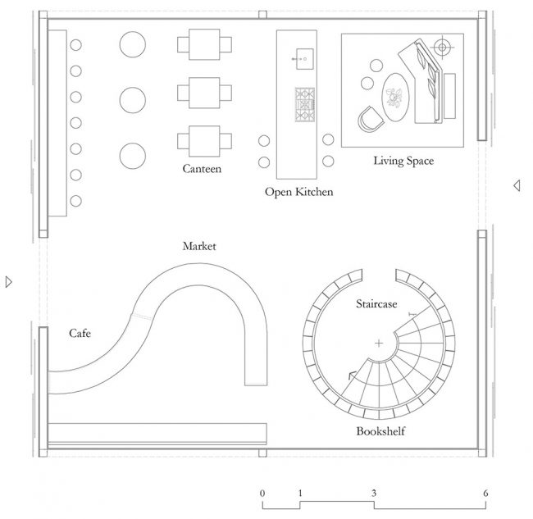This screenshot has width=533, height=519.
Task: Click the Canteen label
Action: click(202, 169)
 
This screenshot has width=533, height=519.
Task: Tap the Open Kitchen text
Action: click(299, 192)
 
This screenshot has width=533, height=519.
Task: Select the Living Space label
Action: click(403, 161)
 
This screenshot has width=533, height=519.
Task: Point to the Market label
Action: click(199, 246)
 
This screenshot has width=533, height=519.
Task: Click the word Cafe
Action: click(80, 333)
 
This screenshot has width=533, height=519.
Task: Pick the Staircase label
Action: click(376, 303)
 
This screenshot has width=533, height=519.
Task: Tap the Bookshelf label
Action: click(380, 431)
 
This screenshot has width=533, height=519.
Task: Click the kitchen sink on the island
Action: click(304, 59)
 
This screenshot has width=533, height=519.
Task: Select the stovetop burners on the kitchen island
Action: click(305, 105)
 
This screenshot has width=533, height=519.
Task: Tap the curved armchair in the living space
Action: click(371, 119)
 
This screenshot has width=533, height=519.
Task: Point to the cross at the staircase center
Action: click(379, 344)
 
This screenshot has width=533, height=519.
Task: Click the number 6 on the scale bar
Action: click(485, 493)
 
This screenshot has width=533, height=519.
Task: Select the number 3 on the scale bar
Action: click(374, 493)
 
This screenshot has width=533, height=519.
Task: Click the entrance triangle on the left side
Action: click(9, 282)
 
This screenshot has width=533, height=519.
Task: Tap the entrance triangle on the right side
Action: click(517, 185)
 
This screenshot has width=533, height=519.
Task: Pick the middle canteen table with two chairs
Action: click(205, 93)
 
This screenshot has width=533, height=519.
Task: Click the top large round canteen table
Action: click(133, 44)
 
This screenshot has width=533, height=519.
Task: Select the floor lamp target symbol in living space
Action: click(442, 48)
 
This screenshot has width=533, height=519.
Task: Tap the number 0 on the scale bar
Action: click(262, 493)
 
